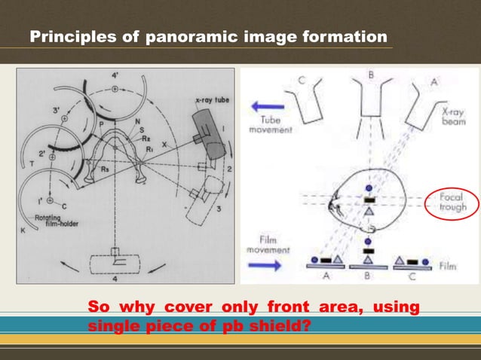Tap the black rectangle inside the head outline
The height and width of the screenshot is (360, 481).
pos(369,200)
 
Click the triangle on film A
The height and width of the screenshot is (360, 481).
pos(335,261)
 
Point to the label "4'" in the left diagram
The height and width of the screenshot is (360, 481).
pos(115,76)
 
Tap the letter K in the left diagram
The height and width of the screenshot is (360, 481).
pos(23,230)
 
